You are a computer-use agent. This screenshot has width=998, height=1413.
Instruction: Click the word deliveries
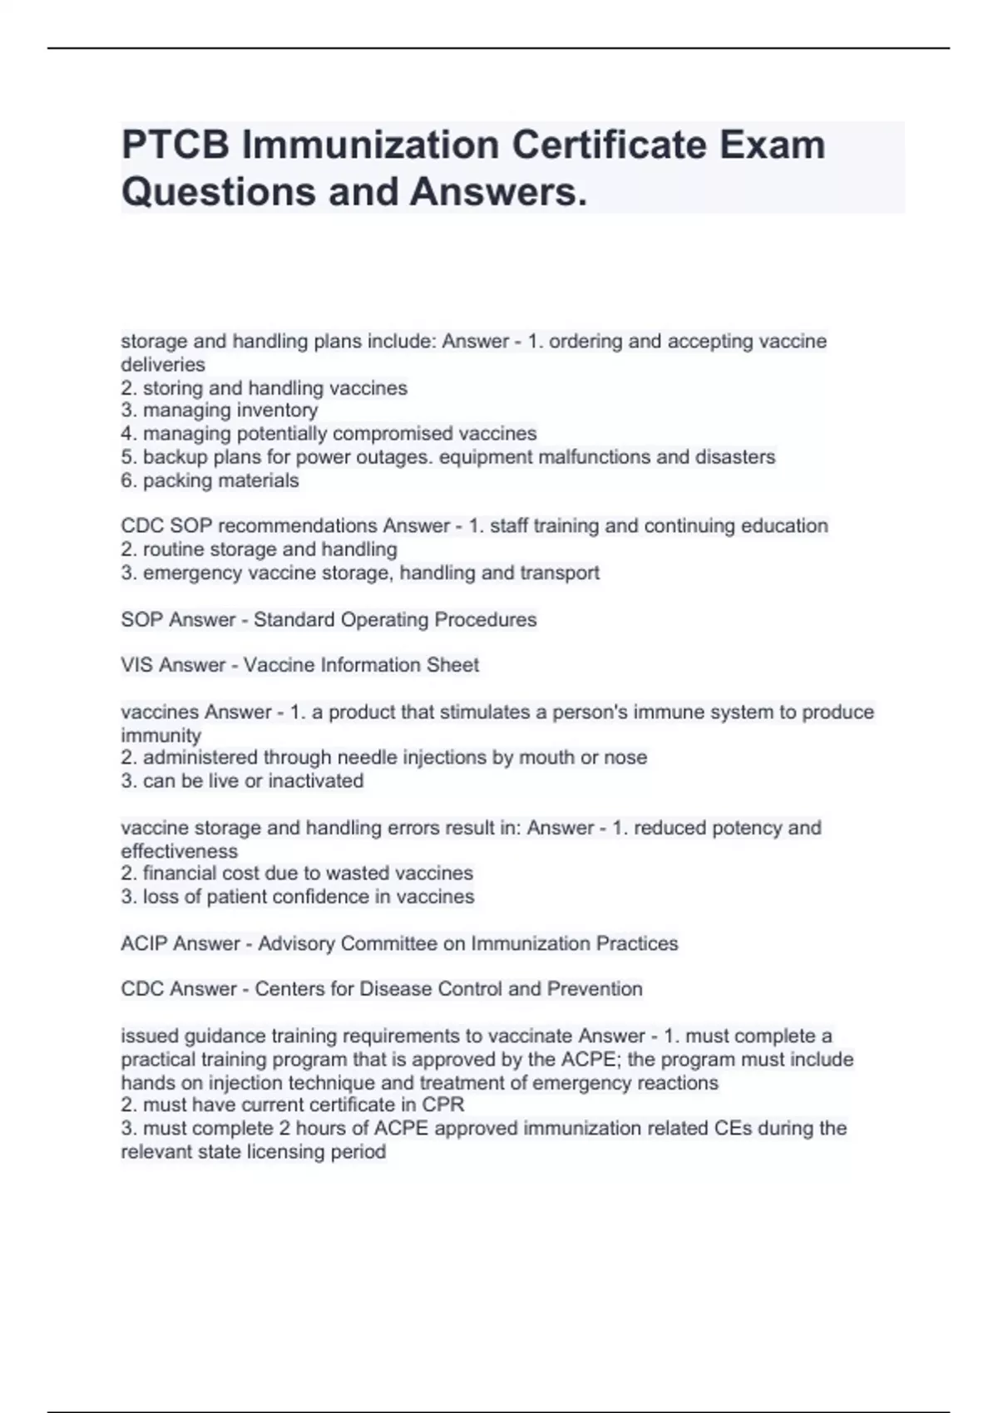163,365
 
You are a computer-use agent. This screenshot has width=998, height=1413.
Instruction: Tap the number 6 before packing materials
127,480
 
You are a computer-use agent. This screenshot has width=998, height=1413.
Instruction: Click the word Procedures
485,620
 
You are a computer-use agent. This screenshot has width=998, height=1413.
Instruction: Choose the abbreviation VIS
137,665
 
